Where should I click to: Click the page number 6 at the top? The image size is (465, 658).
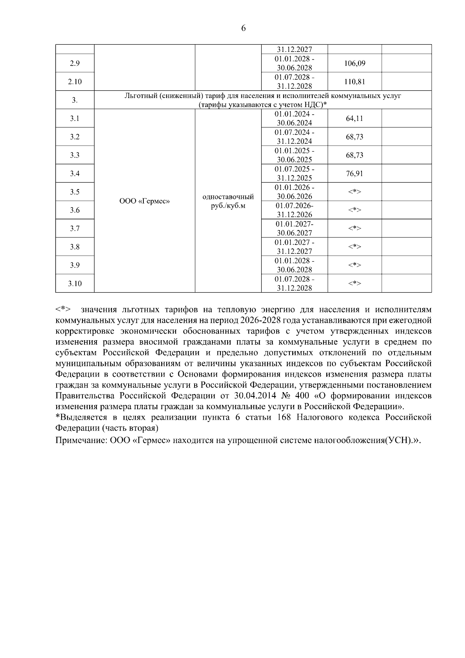tap(243, 28)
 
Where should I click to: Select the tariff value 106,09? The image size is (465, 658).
tap(355, 63)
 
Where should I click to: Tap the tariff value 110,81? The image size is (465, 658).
tap(355, 82)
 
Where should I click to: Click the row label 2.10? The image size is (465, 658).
tap(75, 82)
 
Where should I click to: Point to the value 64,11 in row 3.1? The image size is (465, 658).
tap(355, 119)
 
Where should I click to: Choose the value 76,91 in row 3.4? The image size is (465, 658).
tap(355, 174)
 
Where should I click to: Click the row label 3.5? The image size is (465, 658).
tap(75, 192)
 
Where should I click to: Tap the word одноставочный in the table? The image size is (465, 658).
tap(228, 197)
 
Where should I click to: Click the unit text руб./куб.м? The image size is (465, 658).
tap(228, 206)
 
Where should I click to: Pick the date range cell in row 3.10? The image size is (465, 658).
tap(294, 284)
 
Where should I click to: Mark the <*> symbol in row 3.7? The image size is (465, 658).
tap(355, 229)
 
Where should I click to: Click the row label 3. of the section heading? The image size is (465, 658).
tap(75, 100)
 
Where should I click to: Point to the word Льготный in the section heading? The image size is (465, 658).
tap(140, 96)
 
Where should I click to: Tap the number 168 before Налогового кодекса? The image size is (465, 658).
tap(284, 417)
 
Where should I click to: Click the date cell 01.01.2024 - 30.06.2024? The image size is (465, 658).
tap(294, 119)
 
